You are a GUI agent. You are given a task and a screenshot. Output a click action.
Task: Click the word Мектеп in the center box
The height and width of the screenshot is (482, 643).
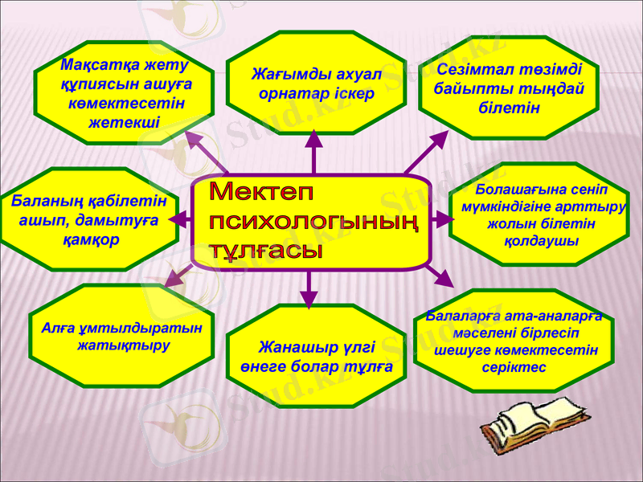pyautogui.click(x=261, y=194)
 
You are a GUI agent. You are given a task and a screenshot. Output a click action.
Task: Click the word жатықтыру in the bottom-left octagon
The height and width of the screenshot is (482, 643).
pyautogui.click(x=122, y=345)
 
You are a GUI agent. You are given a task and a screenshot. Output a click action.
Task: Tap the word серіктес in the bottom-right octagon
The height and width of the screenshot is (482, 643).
pyautogui.click(x=514, y=366)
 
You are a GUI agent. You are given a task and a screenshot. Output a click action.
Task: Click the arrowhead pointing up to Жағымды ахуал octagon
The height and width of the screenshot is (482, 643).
pyautogui.click(x=313, y=139)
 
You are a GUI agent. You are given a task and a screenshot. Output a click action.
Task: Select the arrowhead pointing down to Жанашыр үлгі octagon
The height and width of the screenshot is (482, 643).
pyautogui.click(x=309, y=301)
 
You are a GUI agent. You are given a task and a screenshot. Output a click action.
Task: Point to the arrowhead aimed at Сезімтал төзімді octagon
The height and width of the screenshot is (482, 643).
pyautogui.click(x=440, y=139)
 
